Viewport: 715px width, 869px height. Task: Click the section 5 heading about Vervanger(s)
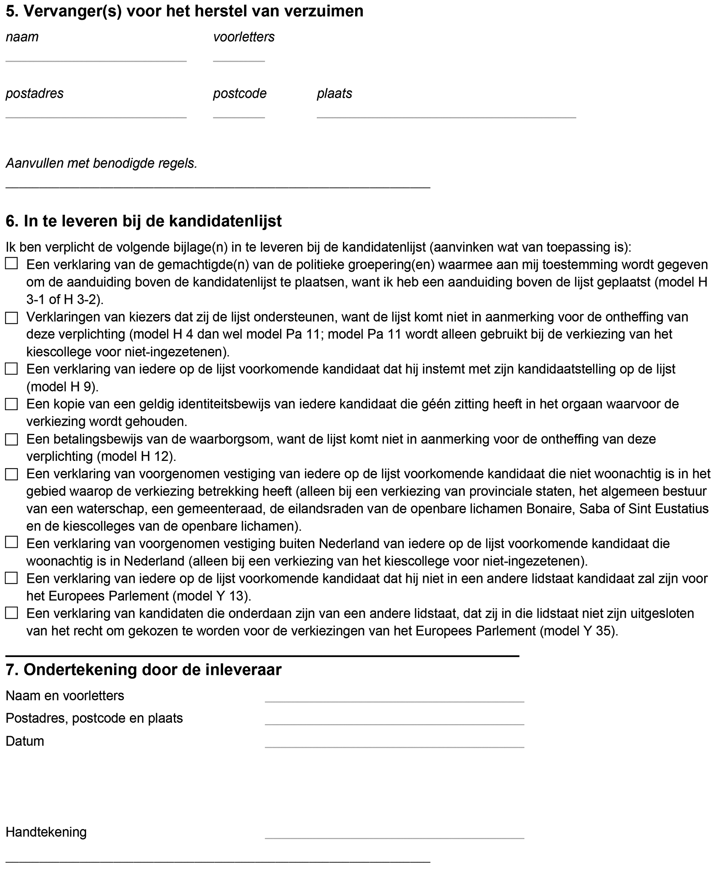pos(184,12)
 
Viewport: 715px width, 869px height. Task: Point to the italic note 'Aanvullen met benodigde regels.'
pos(101,163)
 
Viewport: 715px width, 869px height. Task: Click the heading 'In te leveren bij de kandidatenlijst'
pos(144,221)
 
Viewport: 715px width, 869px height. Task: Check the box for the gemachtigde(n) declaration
pos(12,264)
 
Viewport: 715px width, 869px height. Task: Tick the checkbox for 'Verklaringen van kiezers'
pos(12,318)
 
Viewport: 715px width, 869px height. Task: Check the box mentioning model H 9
pos(12,369)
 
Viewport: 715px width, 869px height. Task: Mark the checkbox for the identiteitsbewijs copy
pos(12,404)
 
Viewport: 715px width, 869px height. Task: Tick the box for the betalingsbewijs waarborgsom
pos(12,440)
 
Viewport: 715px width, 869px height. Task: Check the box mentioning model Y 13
pos(12,578)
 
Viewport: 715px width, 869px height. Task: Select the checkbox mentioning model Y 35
pos(12,613)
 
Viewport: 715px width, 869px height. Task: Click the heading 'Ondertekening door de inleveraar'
pos(144,670)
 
